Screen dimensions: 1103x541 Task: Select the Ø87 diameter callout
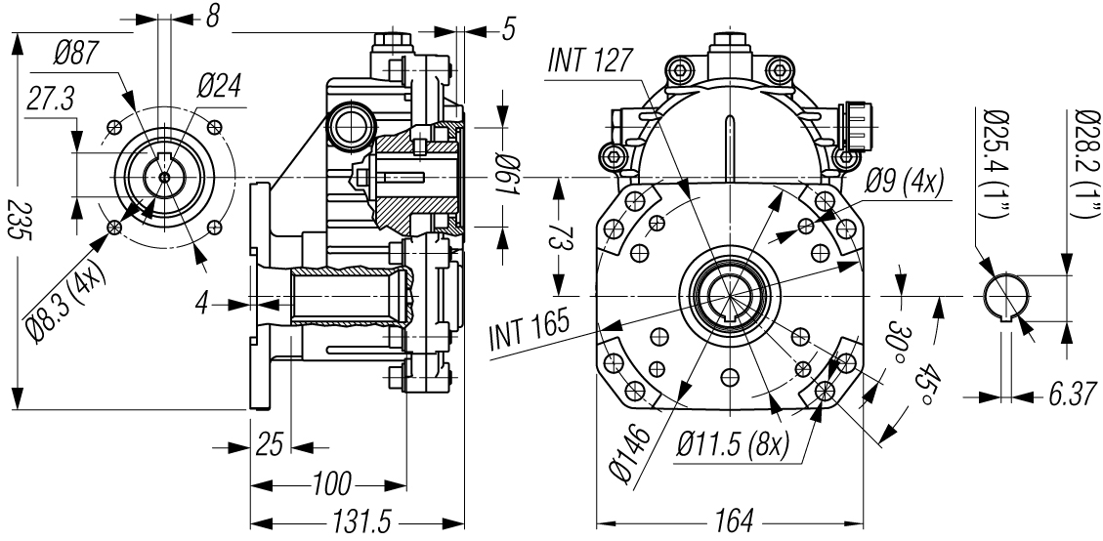point(76,54)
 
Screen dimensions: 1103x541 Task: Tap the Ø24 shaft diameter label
point(219,87)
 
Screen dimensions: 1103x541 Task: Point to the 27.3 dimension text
point(50,100)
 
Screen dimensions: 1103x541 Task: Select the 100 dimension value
point(331,484)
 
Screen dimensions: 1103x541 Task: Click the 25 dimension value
point(270,445)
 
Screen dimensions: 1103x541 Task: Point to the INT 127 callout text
point(590,61)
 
